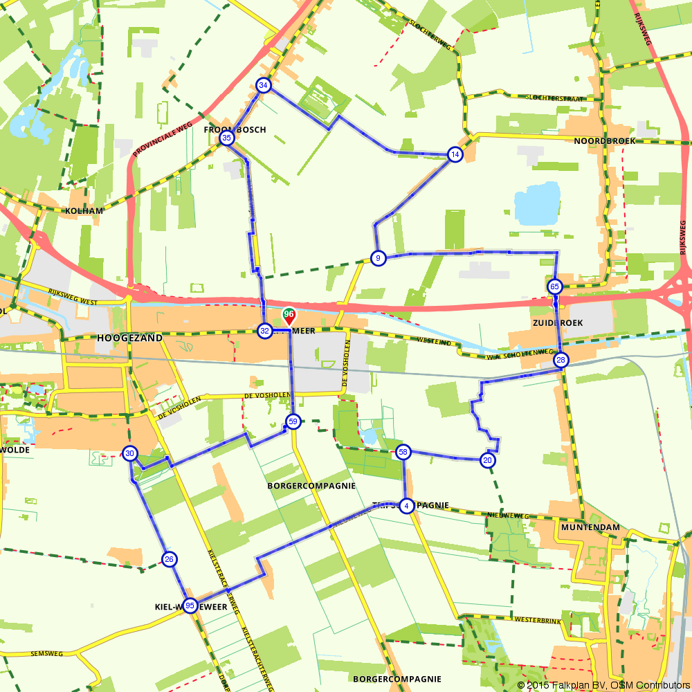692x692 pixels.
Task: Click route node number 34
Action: click(263, 86)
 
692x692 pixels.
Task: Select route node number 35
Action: click(227, 138)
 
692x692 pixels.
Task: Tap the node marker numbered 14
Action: click(455, 154)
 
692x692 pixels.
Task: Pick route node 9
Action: click(377, 258)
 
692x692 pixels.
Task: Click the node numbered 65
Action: click(555, 286)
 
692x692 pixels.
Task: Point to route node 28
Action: click(561, 360)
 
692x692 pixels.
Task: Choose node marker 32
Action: click(264, 331)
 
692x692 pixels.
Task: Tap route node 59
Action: click(293, 421)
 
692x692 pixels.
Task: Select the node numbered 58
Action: click(403, 453)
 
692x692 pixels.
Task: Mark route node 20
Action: click(488, 460)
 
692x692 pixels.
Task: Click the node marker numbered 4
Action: click(407, 505)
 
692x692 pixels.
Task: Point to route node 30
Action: click(130, 454)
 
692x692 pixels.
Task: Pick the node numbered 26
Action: click(170, 559)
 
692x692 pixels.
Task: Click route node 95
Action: click(190, 606)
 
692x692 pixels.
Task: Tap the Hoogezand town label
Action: click(129, 338)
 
